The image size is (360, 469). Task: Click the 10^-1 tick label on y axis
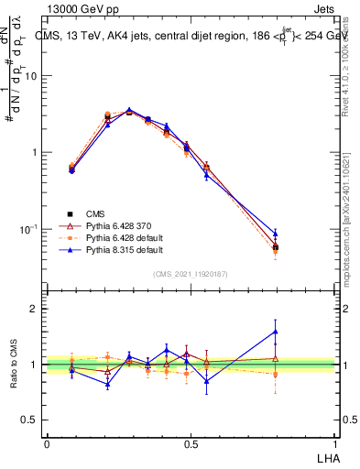[x=28, y=229]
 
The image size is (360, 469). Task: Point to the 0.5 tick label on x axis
[x=191, y=443]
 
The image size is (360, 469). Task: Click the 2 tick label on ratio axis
[x=35, y=309]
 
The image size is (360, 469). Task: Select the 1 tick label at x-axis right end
[x=333, y=443]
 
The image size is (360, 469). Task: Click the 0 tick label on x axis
[x=47, y=443]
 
